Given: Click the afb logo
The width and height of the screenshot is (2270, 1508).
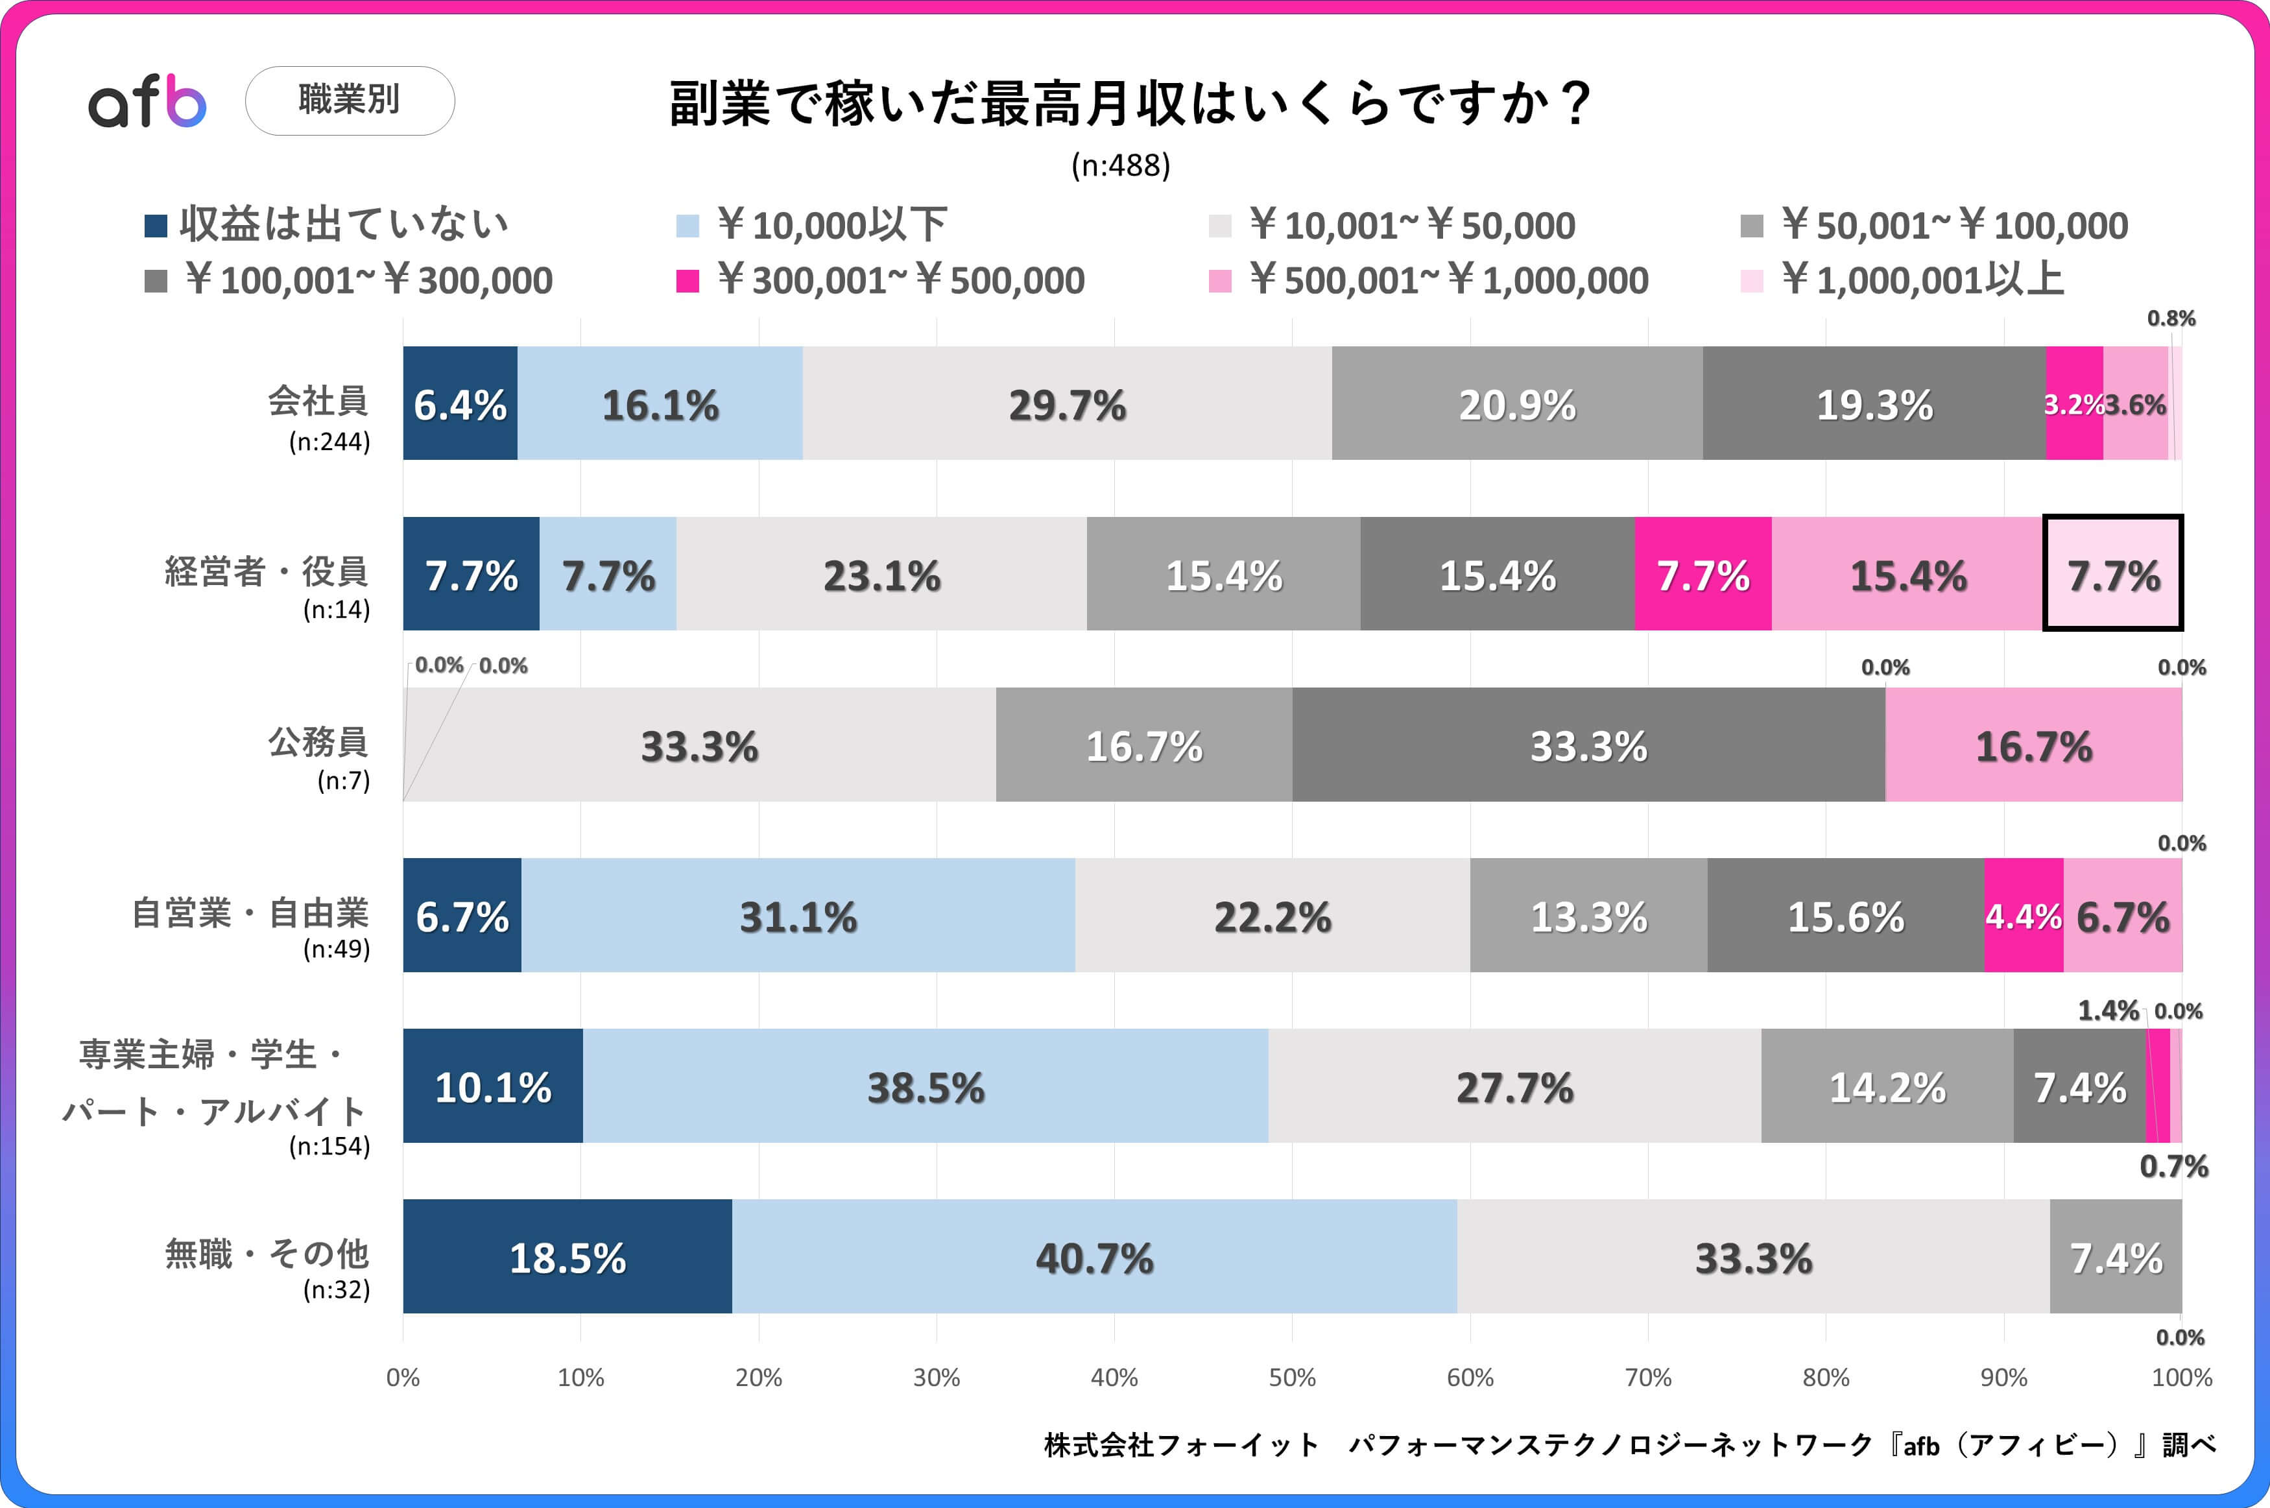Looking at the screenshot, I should pyautogui.click(x=147, y=101).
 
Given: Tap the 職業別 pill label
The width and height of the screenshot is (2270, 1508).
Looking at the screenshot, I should pyautogui.click(x=350, y=100).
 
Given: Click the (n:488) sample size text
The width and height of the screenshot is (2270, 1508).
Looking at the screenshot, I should pyautogui.click(x=1120, y=165).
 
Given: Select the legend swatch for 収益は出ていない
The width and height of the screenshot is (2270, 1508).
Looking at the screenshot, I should pyautogui.click(x=156, y=226).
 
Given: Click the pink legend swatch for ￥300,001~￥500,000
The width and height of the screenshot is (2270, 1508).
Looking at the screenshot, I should pyautogui.click(x=687, y=281).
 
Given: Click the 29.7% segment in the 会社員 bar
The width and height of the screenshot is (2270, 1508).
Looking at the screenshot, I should pyautogui.click(x=1066, y=404).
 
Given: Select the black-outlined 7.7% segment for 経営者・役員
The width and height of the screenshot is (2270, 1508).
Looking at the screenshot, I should pyautogui.click(x=2112, y=574).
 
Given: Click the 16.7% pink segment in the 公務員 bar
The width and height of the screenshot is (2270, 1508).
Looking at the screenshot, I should pyautogui.click(x=2033, y=745).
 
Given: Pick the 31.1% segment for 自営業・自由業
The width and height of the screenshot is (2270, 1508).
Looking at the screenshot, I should pyautogui.click(x=797, y=916).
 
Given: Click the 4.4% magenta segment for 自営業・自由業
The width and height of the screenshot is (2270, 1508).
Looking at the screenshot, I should pyautogui.click(x=2023, y=916).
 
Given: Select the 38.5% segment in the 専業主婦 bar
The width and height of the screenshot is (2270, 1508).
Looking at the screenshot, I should pyautogui.click(x=925, y=1087).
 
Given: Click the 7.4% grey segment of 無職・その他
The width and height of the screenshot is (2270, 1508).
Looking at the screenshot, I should pyautogui.click(x=2115, y=1257).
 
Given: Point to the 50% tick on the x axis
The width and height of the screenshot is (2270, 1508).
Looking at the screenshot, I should pyautogui.click(x=1291, y=1377).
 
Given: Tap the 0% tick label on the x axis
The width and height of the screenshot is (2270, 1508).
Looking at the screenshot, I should pyautogui.click(x=403, y=1377).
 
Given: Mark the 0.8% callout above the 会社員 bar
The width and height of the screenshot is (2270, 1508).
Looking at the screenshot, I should pyautogui.click(x=2171, y=318).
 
